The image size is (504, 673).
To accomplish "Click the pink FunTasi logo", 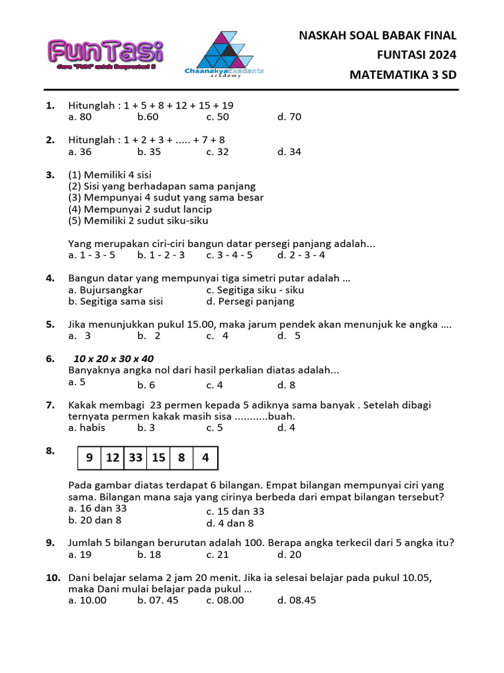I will (x=105, y=53).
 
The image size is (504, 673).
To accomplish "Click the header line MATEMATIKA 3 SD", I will (x=403, y=75).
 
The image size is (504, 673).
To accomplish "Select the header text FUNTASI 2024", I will (x=416, y=55).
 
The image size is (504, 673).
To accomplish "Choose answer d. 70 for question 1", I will (x=289, y=117).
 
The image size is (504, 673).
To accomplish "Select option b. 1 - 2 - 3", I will (x=161, y=255).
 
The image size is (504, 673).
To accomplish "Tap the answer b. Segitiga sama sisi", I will (x=115, y=302).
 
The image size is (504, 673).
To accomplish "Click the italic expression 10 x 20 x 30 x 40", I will (x=114, y=358).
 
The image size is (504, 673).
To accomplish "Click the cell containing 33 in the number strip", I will (x=136, y=458).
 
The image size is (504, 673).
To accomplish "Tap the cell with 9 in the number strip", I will (x=89, y=458).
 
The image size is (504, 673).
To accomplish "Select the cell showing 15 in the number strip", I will (x=158, y=458).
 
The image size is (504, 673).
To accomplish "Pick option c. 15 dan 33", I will (x=235, y=511).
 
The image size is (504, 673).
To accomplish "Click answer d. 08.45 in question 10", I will (x=297, y=600).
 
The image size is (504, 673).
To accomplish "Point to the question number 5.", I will (x=50, y=324).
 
